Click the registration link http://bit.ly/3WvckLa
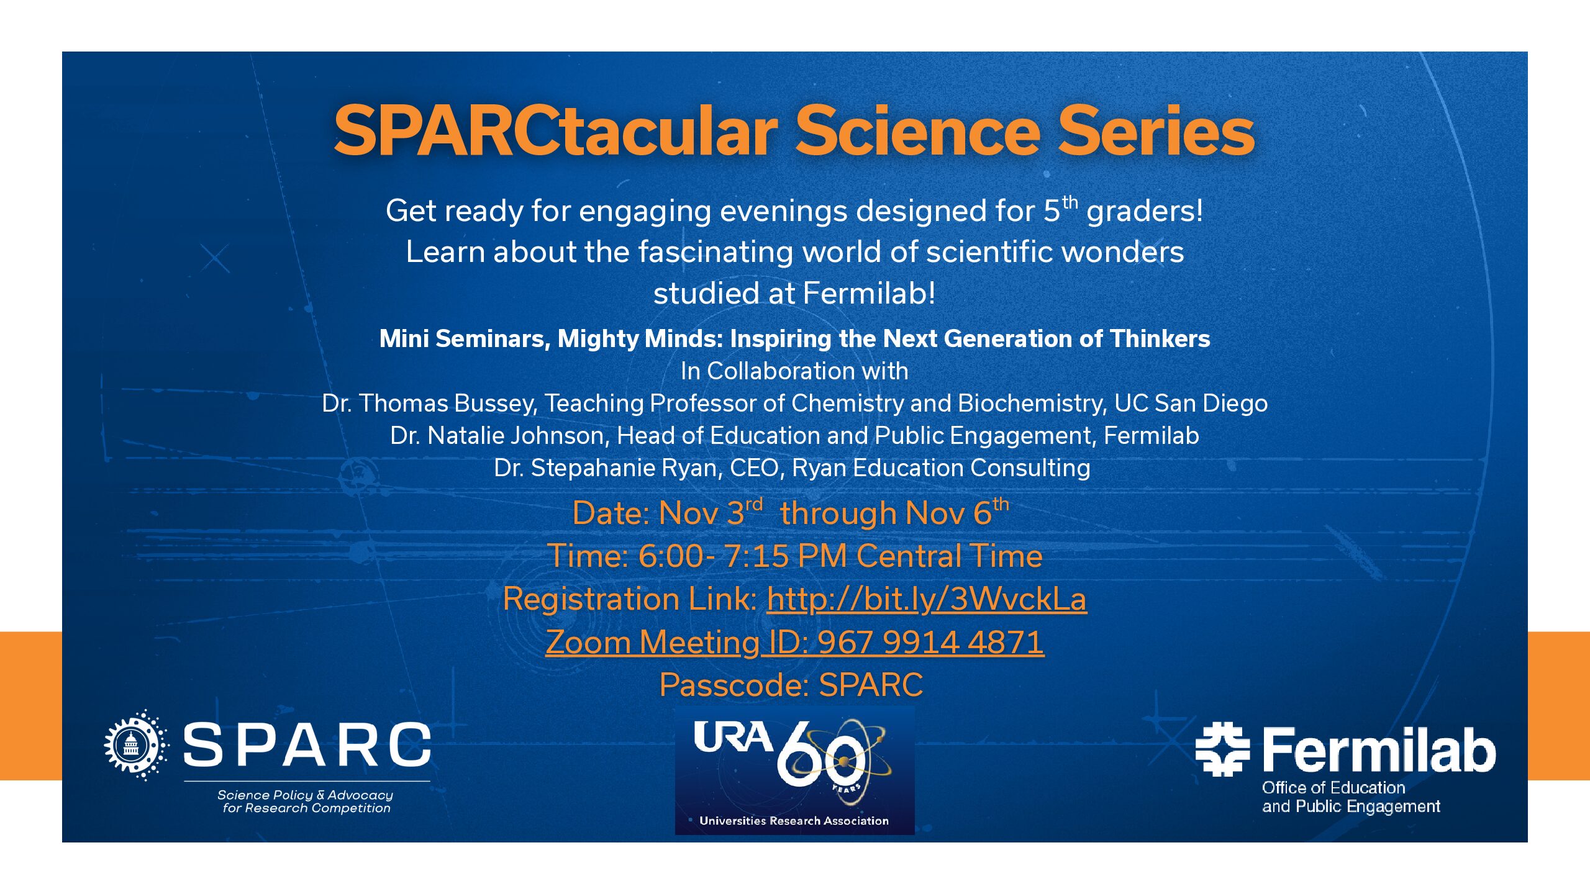pyautogui.click(x=926, y=599)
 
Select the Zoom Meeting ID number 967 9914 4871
pyautogui.click(x=930, y=642)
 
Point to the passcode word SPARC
pyautogui.click(x=871, y=685)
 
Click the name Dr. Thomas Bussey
pyautogui.click(x=429, y=404)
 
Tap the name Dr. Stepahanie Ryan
pyautogui.click(x=607, y=468)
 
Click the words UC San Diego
pyautogui.click(x=1191, y=404)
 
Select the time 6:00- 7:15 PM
pyautogui.click(x=742, y=556)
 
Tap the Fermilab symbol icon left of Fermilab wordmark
pyautogui.click(x=1222, y=749)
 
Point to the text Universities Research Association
pyautogui.click(x=794, y=821)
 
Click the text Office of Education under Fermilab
pyautogui.click(x=1333, y=788)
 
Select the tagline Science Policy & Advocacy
pyautogui.click(x=305, y=795)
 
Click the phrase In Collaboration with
pyautogui.click(x=794, y=371)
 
